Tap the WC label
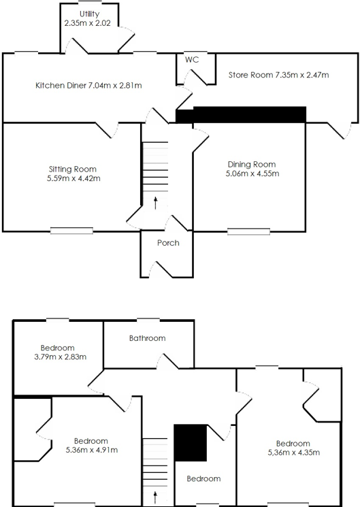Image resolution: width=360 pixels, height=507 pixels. coord(192,60)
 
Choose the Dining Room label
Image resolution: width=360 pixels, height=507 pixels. coord(251,169)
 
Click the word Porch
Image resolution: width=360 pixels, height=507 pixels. coord(167,243)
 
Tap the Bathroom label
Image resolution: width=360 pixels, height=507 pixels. coord(147,338)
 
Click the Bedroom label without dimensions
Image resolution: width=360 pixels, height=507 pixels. coord(203,478)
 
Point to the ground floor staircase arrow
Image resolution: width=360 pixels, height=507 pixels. coord(156,202)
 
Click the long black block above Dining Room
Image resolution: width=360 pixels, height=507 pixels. coord(249,114)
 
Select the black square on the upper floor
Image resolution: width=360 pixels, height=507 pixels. coord(191,443)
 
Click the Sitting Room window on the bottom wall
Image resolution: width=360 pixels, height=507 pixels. coord(71,231)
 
